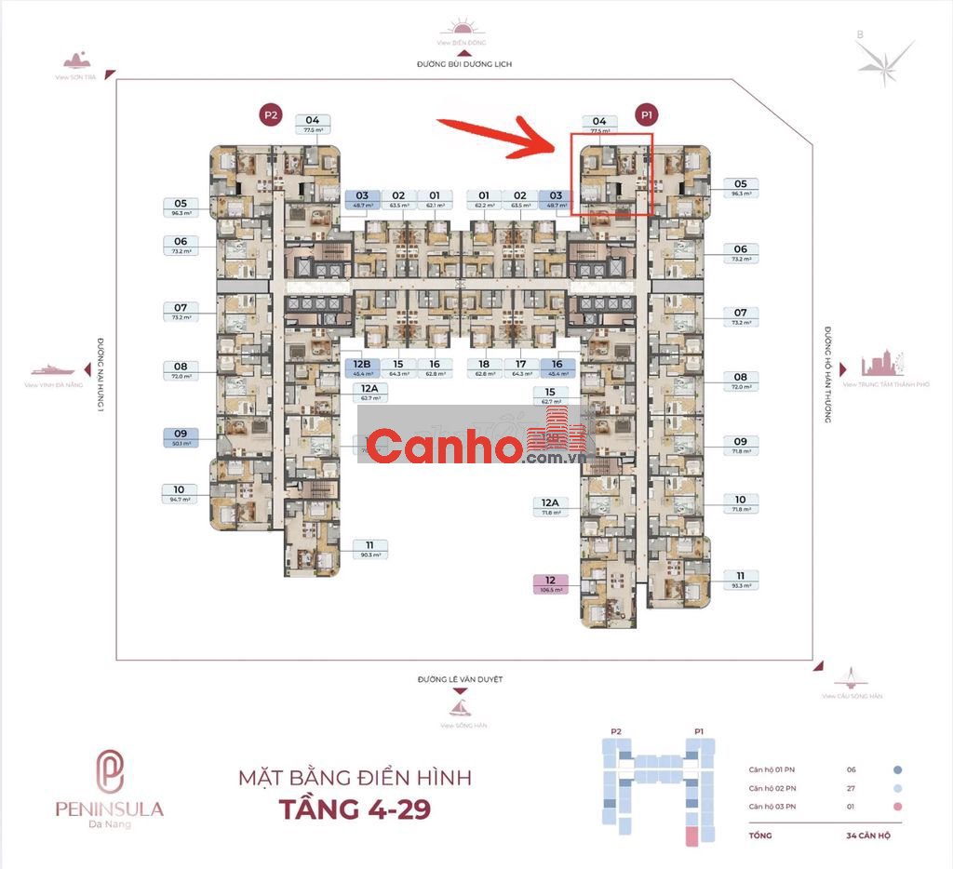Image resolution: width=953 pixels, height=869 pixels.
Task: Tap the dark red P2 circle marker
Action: point(270,115)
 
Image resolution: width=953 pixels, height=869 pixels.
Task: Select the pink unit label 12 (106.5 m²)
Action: point(551,584)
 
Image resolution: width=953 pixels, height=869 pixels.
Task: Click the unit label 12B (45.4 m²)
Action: point(362,368)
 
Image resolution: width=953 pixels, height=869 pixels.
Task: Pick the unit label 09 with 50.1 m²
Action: point(181,437)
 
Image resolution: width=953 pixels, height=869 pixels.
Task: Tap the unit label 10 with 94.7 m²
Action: point(180,493)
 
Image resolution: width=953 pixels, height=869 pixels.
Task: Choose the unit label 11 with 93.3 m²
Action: point(740,580)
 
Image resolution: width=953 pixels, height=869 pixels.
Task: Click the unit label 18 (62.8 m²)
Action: point(484,368)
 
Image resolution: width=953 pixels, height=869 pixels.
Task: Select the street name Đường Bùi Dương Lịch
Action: point(464,64)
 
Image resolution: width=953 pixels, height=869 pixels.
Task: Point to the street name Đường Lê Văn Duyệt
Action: point(460,680)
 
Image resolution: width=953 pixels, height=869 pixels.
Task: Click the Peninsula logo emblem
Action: point(112,770)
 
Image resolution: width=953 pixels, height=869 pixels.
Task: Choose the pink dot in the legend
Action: point(897,806)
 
